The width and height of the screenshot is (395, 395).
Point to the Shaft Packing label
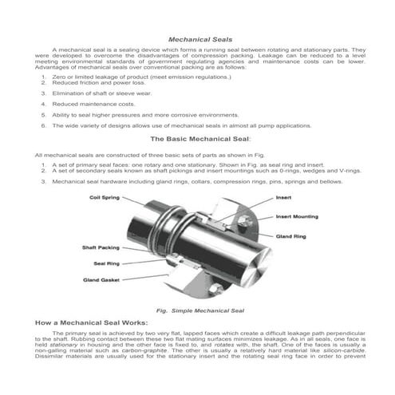tap(101, 247)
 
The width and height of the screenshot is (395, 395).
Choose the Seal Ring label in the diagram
tap(107, 263)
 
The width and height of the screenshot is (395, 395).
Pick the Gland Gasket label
tap(101, 279)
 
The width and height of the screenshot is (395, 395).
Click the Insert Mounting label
tap(298, 216)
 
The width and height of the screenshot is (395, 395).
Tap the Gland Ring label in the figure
tap(290, 236)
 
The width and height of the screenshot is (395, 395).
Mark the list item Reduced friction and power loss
tap(94, 82)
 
